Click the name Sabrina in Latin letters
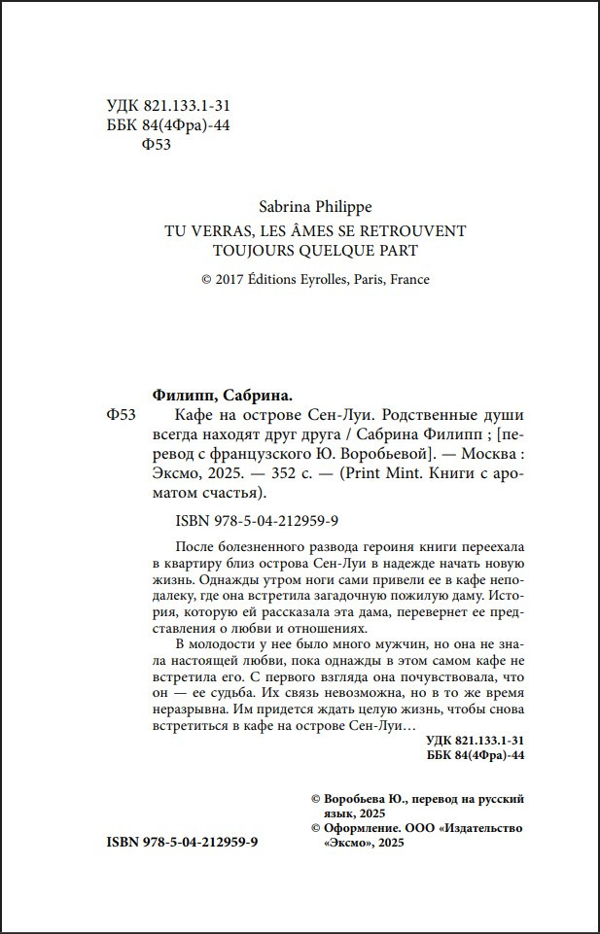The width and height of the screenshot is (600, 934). point(286,207)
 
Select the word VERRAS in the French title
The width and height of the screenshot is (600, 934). point(221,231)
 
